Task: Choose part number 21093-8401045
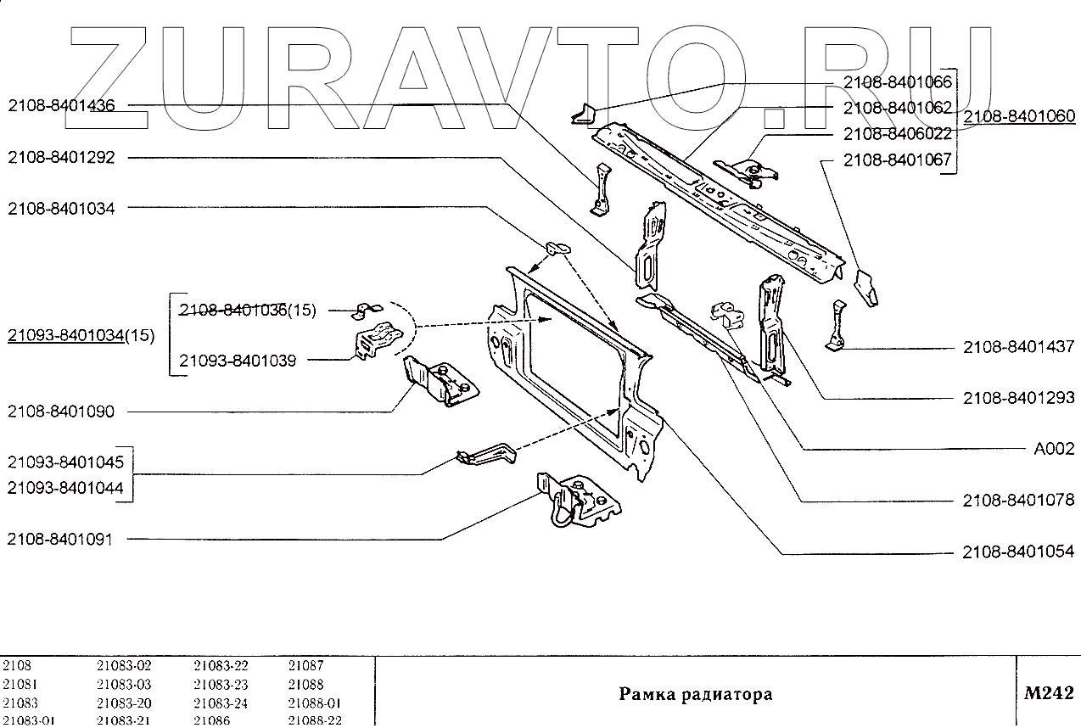tap(65, 463)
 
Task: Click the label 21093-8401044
tap(65, 488)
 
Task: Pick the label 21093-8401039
tap(238, 361)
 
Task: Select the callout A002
tap(1054, 450)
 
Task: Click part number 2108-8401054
tap(1018, 552)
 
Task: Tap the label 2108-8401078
tap(1018, 501)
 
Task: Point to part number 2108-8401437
tap(1018, 347)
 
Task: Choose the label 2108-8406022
tap(897, 134)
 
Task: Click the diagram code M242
tap(1049, 693)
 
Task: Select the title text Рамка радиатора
tap(695, 694)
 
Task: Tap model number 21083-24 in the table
tap(221, 703)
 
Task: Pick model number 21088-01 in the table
tap(314, 703)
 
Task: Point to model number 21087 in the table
tap(305, 666)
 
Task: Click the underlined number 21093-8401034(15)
tap(81, 336)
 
